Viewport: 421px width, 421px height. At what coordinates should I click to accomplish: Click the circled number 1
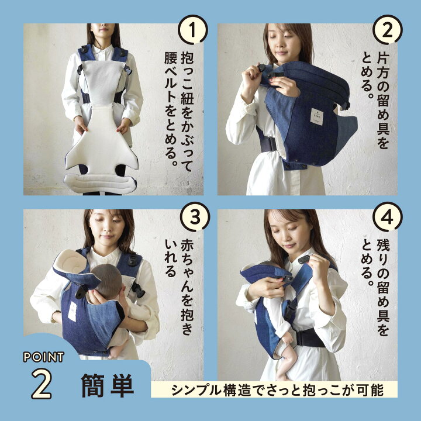[x=193, y=30]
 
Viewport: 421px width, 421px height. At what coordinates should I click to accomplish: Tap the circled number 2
[x=388, y=30]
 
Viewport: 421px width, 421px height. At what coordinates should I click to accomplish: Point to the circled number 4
[x=388, y=216]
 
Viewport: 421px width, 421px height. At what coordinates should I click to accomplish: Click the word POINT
[x=43, y=357]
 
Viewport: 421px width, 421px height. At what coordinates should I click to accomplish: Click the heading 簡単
[x=108, y=386]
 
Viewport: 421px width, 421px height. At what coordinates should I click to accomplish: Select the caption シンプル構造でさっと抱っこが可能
[x=277, y=390]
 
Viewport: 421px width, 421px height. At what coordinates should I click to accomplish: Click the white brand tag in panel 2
[x=317, y=116]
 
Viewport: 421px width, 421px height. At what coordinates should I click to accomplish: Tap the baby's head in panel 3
[x=106, y=277]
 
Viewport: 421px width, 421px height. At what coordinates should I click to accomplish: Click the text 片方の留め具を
[x=383, y=101]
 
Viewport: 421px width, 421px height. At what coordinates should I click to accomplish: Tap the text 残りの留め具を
[x=383, y=288]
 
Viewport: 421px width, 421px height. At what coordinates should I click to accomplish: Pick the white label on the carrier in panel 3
[x=72, y=311]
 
